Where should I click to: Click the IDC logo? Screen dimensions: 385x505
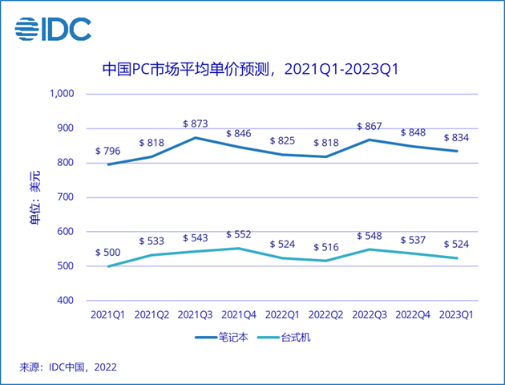pos(53,30)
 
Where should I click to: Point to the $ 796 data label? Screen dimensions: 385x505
pos(109,150)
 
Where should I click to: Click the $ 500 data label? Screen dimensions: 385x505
pos(109,252)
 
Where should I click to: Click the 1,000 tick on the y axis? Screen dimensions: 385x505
pos(62,94)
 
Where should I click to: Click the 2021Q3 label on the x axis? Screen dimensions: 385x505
pos(196,315)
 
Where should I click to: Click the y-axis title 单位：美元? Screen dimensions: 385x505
pos(34,197)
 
